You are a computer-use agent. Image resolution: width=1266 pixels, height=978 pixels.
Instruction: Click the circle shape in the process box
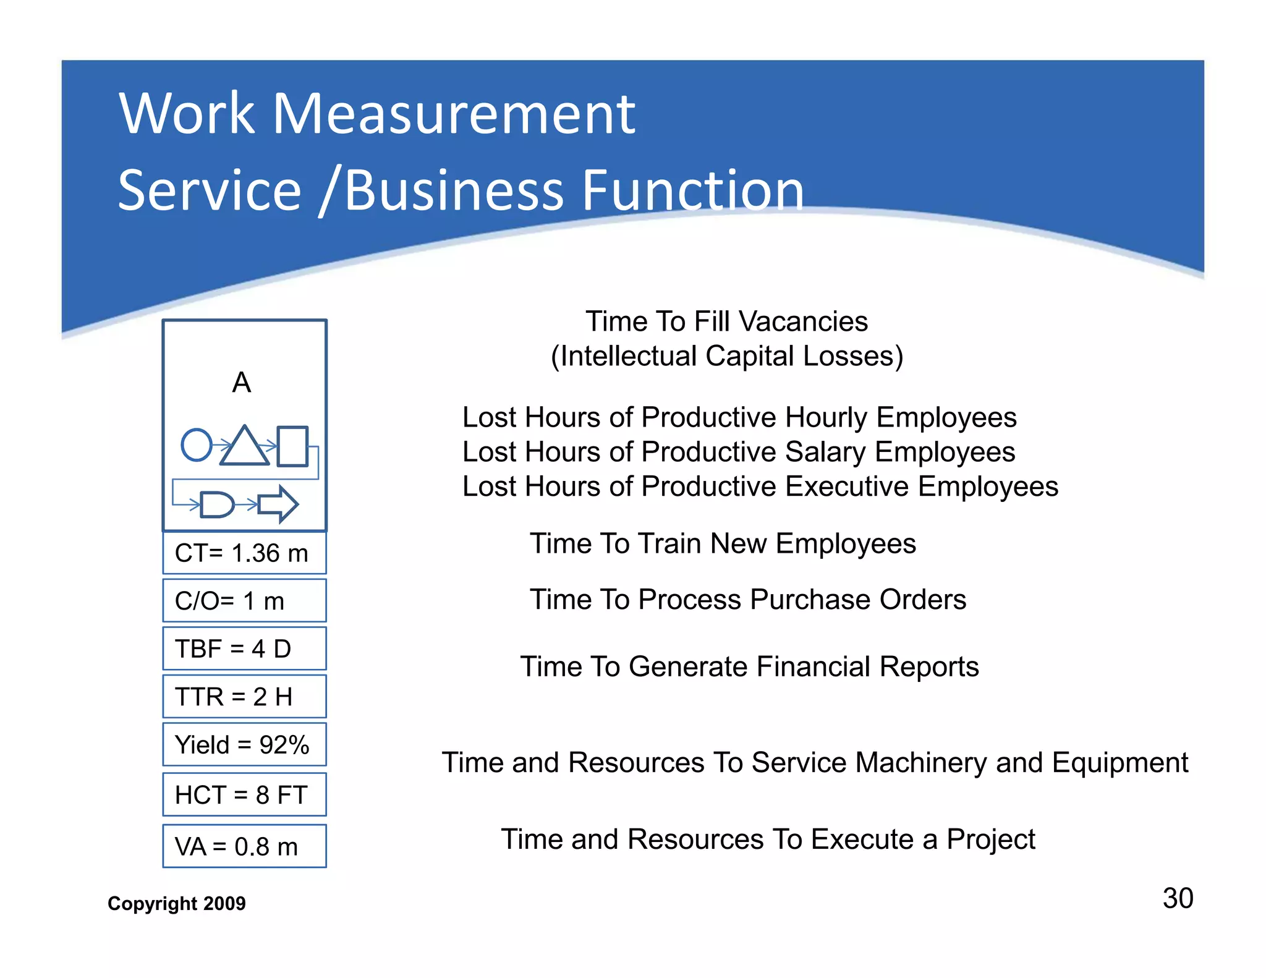[x=197, y=444]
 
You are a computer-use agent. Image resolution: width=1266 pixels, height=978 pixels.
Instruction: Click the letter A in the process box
[x=242, y=383]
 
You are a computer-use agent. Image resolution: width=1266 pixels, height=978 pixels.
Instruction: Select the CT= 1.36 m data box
[x=244, y=553]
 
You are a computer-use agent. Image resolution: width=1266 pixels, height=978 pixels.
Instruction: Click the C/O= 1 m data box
[x=244, y=600]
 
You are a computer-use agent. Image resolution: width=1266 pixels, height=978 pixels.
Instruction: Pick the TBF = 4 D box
[x=244, y=648]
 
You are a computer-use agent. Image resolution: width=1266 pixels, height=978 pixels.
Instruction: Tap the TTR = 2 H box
[x=244, y=697]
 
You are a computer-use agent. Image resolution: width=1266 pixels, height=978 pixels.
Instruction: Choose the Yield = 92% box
[x=244, y=744]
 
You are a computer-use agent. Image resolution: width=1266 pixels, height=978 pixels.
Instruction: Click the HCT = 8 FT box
[x=244, y=794]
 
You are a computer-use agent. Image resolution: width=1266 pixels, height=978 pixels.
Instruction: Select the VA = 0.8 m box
[x=244, y=846]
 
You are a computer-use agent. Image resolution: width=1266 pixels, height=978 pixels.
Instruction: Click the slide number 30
[x=1178, y=898]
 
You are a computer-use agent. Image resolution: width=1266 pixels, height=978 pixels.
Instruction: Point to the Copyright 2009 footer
[x=177, y=903]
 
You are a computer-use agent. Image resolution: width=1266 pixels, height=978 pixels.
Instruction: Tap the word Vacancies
[x=804, y=321]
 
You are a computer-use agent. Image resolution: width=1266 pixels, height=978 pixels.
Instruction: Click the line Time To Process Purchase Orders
[x=748, y=599]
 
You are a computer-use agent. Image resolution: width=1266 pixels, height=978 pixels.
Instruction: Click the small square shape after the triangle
[x=292, y=446]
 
